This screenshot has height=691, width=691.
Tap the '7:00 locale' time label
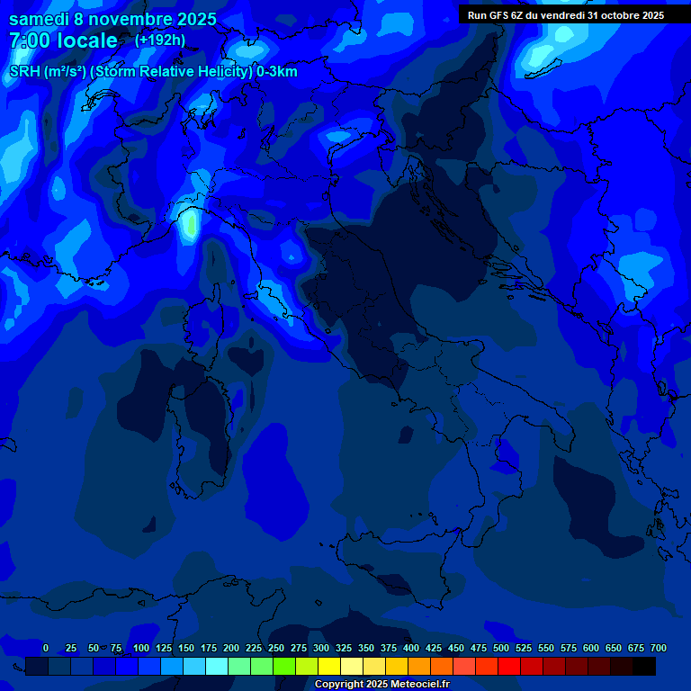coord(63,40)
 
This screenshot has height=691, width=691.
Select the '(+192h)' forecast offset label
coord(160,40)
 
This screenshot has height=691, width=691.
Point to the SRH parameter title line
coord(153,71)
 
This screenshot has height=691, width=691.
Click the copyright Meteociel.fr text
coord(381,685)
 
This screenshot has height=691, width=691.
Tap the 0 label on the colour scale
coord(46,648)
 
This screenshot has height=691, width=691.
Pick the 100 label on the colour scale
coord(141,648)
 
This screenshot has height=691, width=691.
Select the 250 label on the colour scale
coord(276,648)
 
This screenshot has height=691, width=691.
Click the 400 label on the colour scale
coord(411,648)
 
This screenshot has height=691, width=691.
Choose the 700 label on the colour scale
coord(659,648)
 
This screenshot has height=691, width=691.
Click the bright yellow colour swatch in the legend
coord(329,666)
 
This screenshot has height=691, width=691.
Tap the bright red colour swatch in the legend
coord(509,666)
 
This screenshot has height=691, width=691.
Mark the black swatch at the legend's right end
coord(644,666)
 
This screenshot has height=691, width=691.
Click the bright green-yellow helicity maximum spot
coord(189,226)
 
